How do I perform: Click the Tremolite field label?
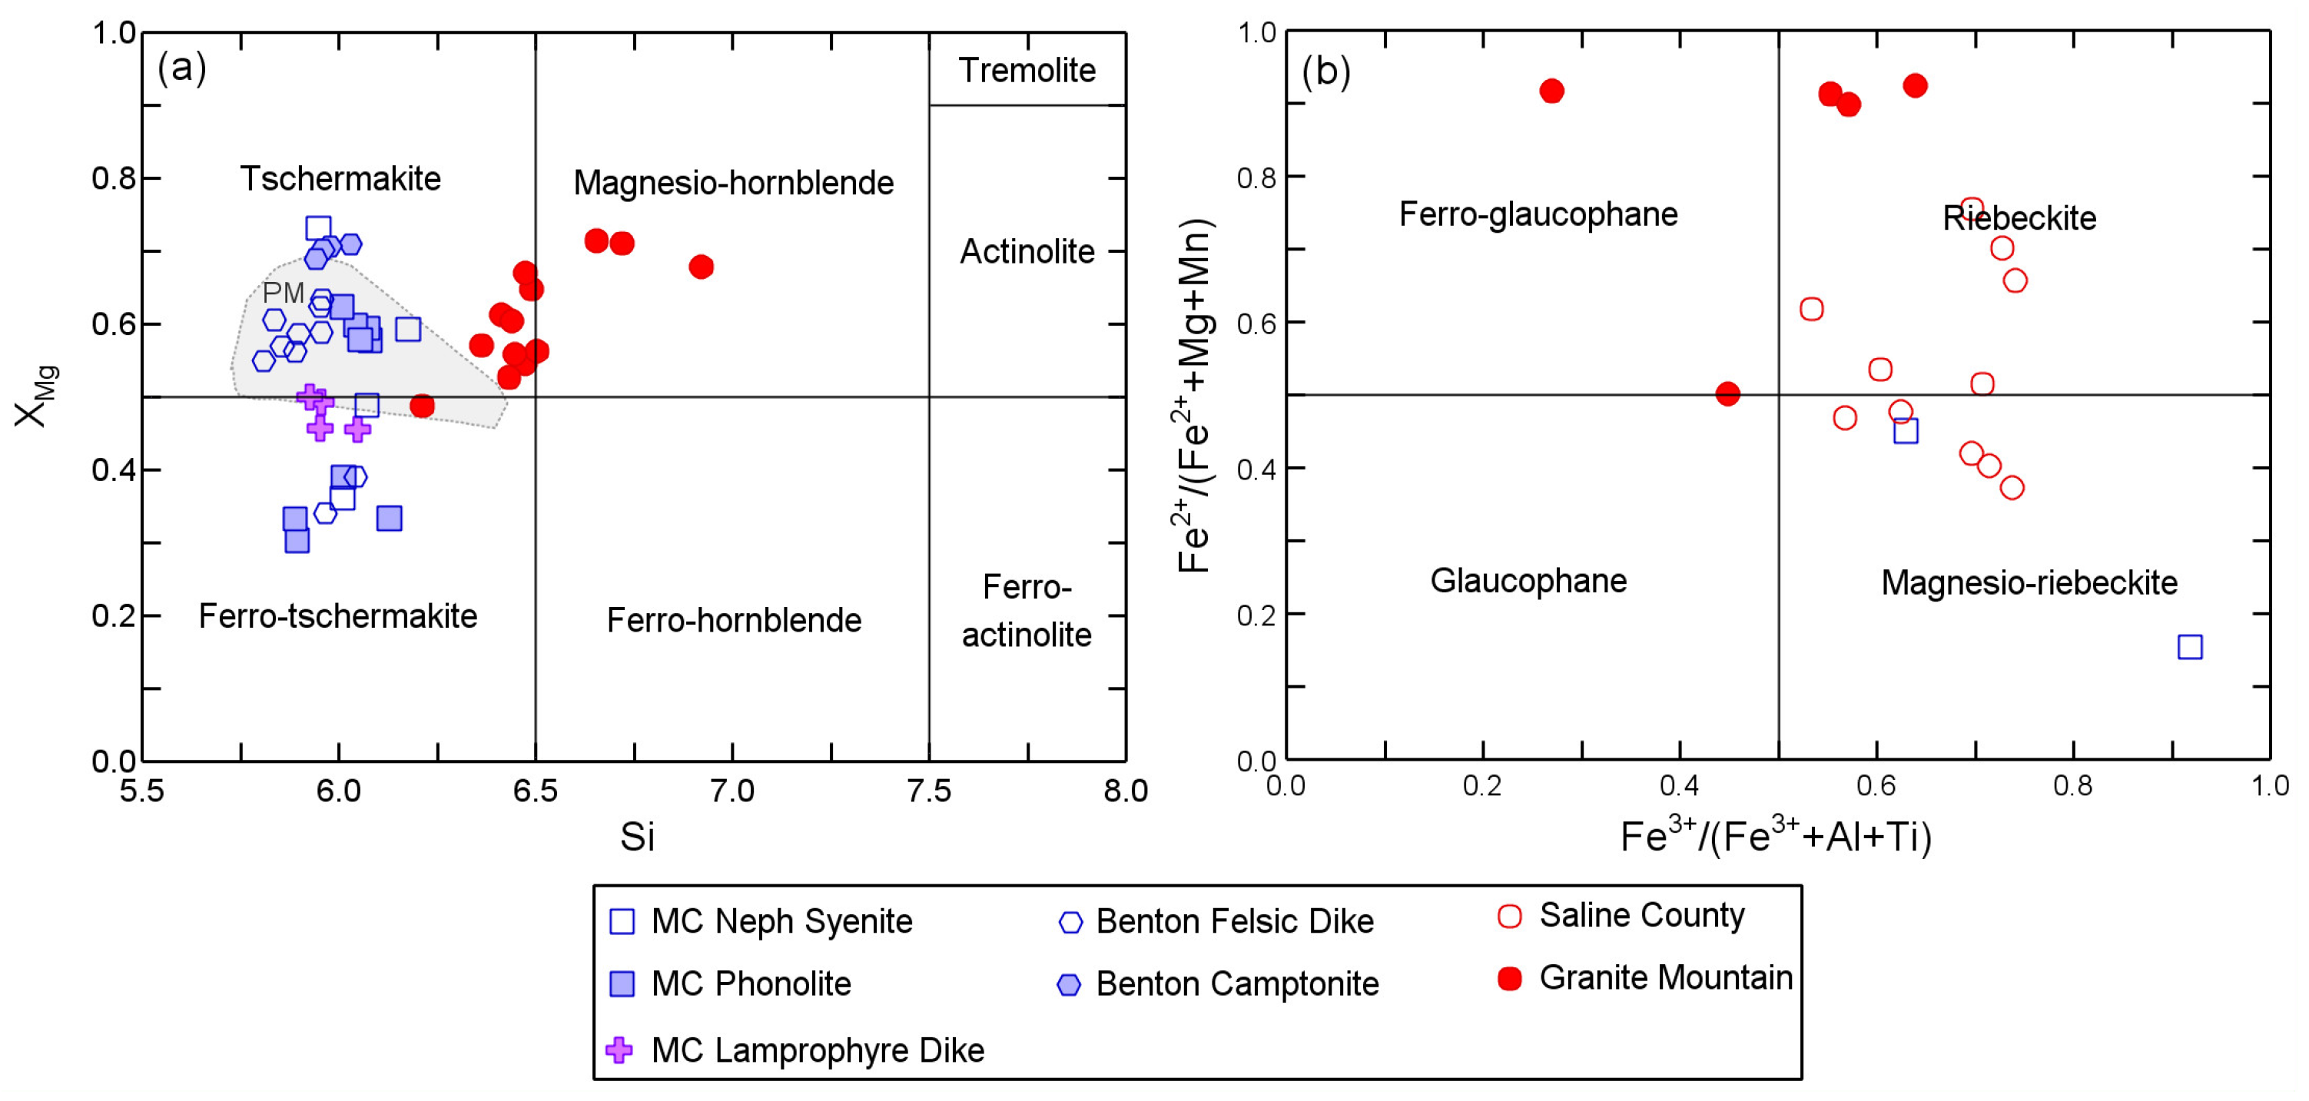[x=1027, y=70]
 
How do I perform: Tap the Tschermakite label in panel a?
[x=340, y=178]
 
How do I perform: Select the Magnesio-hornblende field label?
[x=733, y=183]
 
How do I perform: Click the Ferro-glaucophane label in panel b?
[x=1538, y=214]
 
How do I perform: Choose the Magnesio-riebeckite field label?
[x=2029, y=583]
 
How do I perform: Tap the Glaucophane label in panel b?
[x=1528, y=581]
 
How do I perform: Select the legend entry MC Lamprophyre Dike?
[x=817, y=1050]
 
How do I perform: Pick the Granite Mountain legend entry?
[x=1665, y=977]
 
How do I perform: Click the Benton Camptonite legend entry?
[x=1236, y=983]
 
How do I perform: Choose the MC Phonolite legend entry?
[x=750, y=983]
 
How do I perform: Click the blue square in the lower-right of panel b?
[x=2190, y=646]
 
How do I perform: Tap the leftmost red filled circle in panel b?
[x=1551, y=91]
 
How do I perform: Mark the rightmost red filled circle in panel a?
[x=701, y=267]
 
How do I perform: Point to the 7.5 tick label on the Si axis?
[x=929, y=791]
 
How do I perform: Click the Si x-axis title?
[x=636, y=837]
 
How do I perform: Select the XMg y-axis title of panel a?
[x=36, y=396]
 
